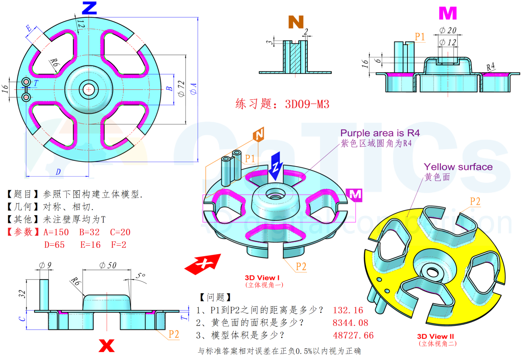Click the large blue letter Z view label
pos(89,7)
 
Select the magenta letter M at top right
pos(447,14)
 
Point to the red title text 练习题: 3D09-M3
pos(282,104)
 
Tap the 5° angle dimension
pos(140,276)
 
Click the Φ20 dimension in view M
pos(447,31)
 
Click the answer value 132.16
pos(348,310)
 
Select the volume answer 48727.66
pos(353,335)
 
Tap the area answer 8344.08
pos(350,323)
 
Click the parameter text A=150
pos(56,232)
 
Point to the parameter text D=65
pos(54,245)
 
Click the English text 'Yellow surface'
pos(458,167)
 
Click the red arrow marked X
pos(203,263)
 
